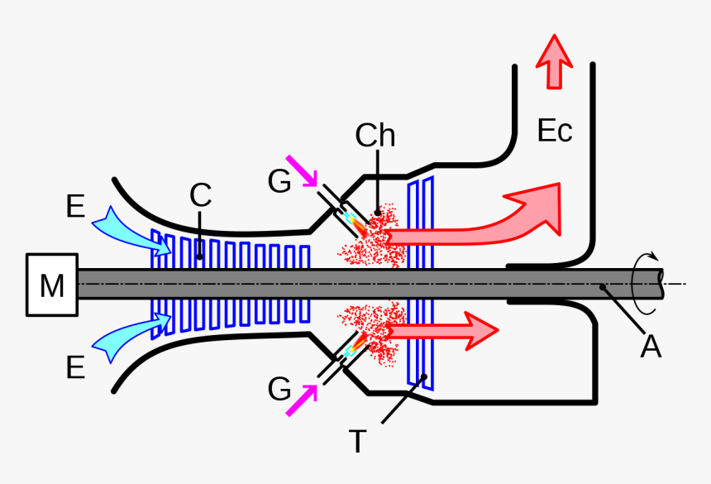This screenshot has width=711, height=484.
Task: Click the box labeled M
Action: point(51,285)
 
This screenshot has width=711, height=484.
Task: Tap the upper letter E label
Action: point(75,207)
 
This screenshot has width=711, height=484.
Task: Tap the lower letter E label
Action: point(75,367)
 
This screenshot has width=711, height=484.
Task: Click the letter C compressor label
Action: point(200,196)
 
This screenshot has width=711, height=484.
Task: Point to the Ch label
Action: point(375,135)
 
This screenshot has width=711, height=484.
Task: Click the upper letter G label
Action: point(279,181)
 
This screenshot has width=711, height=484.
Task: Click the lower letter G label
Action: point(279,389)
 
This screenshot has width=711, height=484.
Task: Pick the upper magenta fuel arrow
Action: point(303,171)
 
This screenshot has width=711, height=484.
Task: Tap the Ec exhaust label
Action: point(554,131)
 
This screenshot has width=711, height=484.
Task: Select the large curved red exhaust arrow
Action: point(496,223)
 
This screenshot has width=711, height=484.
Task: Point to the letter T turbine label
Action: point(356,442)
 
